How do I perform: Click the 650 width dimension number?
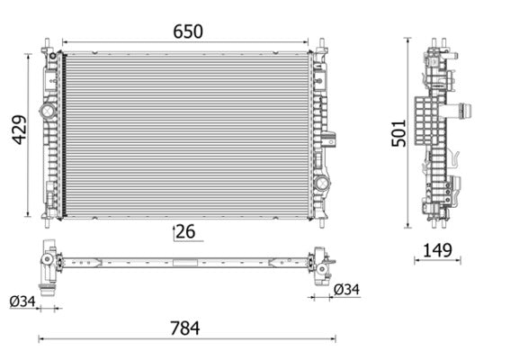coord(189,31)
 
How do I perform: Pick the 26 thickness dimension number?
coord(185,232)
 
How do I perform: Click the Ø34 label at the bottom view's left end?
coord(22,302)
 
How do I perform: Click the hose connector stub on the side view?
coord(466,112)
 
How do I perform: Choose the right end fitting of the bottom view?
coord(320,264)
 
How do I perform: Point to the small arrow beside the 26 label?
coord(173,232)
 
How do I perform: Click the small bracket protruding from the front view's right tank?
coord(331,139)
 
